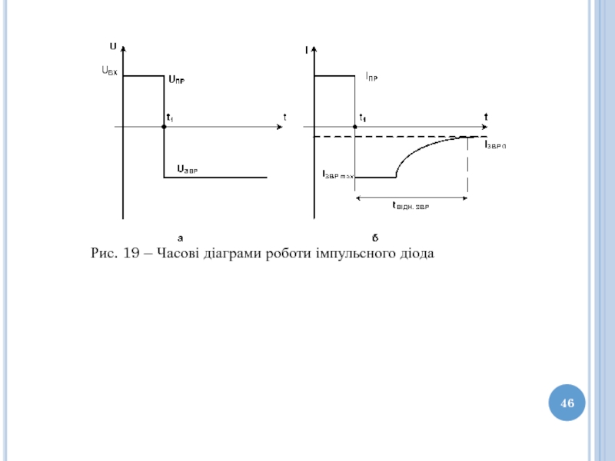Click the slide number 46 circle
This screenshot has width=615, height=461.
tap(567, 403)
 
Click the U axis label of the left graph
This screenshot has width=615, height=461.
tap(113, 47)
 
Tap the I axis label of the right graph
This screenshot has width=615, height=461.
tap(307, 51)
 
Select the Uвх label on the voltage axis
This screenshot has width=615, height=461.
tap(110, 71)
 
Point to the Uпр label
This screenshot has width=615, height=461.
tap(177, 78)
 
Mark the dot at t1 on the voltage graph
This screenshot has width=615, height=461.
tap(164, 126)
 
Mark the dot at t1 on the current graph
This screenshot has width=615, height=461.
tap(354, 126)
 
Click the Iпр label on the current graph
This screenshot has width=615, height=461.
tap(371, 76)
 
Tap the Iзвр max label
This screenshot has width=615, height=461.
tap(337, 175)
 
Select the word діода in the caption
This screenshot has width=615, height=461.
tap(416, 253)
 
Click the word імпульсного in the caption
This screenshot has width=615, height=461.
tap(353, 253)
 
